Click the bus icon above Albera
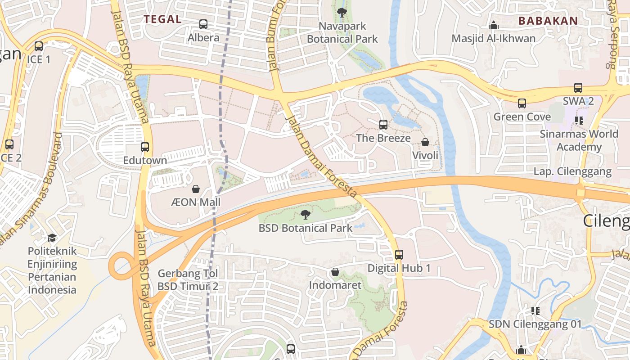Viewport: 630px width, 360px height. (203, 24)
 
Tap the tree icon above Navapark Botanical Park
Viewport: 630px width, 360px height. (342, 13)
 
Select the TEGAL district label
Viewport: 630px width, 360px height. (162, 19)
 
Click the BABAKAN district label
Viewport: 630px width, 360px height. (548, 21)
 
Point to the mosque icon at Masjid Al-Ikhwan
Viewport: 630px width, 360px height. (494, 25)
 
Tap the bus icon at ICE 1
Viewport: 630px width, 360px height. (39, 46)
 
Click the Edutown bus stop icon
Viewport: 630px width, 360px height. (145, 147)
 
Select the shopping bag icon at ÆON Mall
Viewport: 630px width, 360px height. (196, 189)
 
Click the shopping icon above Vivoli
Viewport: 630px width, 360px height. (425, 143)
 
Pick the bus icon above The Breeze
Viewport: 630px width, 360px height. (383, 125)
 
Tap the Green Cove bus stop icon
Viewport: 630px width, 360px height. (522, 103)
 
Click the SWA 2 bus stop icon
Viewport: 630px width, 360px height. (578, 88)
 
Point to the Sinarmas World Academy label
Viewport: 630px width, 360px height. (579, 140)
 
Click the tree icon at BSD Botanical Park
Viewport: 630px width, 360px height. (306, 214)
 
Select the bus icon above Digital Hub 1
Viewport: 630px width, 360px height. (399, 255)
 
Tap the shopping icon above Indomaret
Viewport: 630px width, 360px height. (335, 272)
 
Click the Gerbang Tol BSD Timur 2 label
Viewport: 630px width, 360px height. (188, 280)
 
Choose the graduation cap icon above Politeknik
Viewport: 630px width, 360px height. (52, 237)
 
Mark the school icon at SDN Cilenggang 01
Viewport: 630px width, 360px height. (535, 310)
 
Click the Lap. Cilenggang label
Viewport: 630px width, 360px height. (572, 171)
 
